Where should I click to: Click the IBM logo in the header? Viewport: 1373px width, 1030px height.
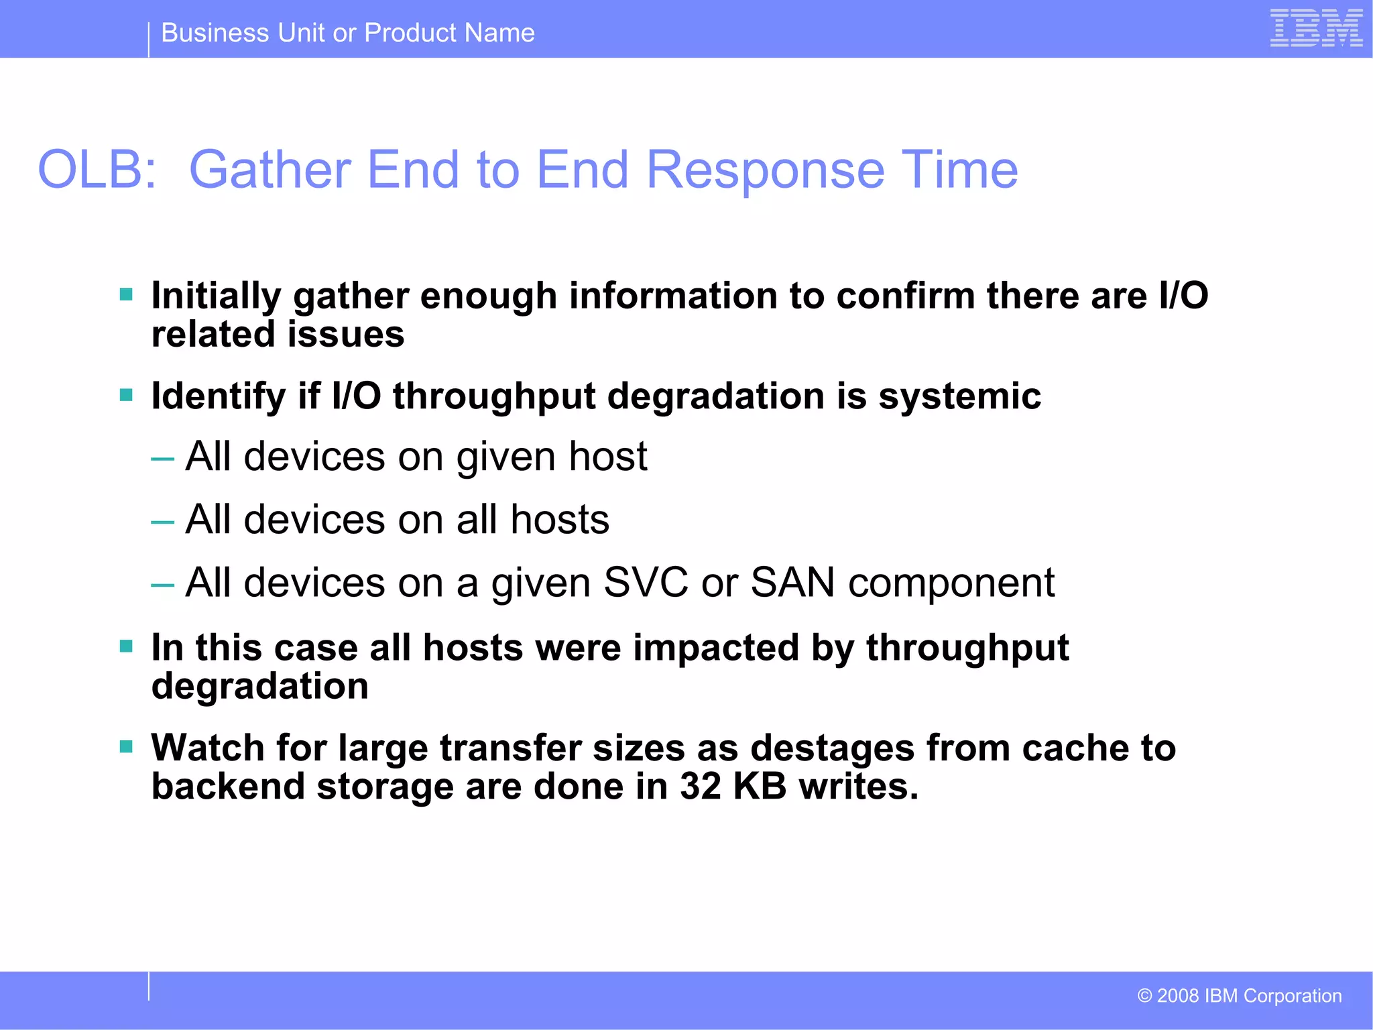point(1316,29)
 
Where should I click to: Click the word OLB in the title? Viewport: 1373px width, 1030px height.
point(97,170)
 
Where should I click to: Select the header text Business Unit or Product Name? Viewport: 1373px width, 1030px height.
point(348,33)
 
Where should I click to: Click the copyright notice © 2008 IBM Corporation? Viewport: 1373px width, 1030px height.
point(1240,996)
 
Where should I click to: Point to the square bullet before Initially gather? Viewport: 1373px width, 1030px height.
point(126,294)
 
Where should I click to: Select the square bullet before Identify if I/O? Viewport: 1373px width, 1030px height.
point(126,394)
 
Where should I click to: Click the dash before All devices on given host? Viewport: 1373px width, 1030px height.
point(163,459)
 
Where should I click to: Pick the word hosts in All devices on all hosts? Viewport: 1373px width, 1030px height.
point(560,520)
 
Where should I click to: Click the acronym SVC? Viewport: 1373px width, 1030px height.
point(645,582)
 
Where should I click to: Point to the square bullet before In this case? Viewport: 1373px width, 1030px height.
point(126,646)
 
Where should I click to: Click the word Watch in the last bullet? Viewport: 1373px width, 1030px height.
point(207,748)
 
